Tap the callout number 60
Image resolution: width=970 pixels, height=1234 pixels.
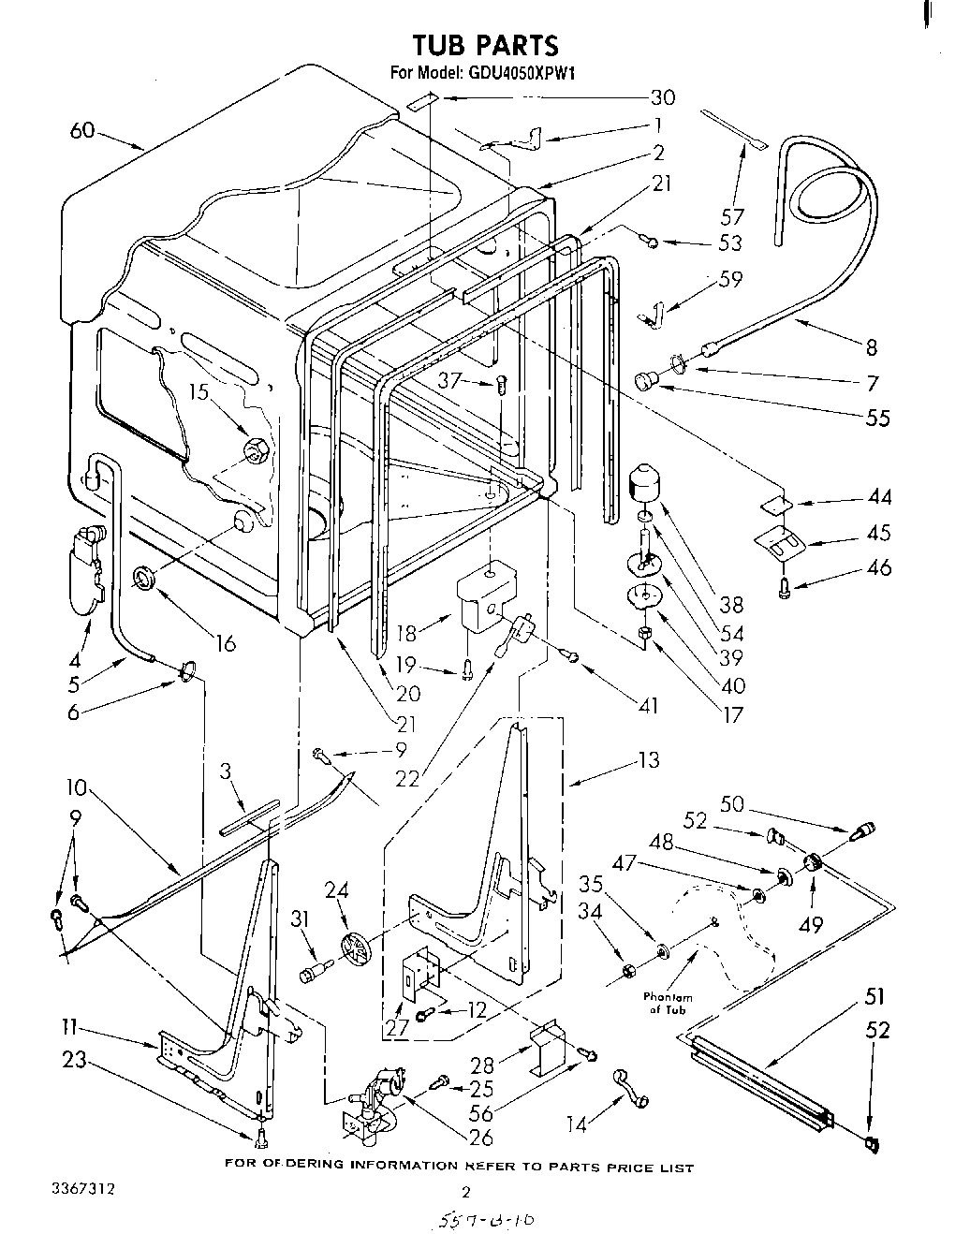click(x=82, y=130)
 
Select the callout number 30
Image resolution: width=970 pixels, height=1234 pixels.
click(x=662, y=96)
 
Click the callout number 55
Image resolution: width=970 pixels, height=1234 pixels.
click(x=877, y=418)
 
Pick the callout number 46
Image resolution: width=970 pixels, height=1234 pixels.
click(x=878, y=567)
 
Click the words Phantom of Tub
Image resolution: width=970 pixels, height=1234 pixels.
click(x=669, y=1004)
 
